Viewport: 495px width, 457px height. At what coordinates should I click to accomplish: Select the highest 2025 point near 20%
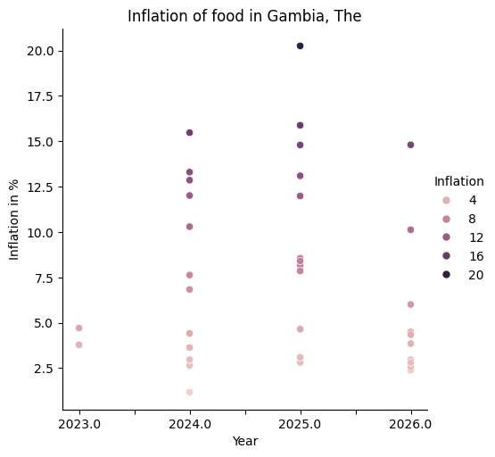(300, 46)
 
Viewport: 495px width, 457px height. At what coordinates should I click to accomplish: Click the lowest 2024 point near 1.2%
(189, 392)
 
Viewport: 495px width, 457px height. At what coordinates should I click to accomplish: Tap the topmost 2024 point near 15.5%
(189, 133)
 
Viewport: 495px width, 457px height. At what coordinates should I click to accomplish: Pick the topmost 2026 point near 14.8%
(410, 145)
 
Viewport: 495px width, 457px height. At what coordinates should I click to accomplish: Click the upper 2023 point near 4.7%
(78, 328)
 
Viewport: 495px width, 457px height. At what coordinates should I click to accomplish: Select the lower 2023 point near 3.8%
(78, 345)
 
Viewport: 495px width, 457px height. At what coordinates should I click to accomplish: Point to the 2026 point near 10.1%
(410, 229)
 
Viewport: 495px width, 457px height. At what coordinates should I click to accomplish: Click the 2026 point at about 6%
(410, 304)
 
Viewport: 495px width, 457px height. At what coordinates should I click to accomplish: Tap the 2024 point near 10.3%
(189, 227)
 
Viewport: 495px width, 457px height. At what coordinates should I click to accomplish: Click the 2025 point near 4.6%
(300, 329)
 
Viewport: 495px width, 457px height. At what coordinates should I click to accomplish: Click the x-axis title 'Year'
(244, 441)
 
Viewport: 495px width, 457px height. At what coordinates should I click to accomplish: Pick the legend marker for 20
(447, 275)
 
